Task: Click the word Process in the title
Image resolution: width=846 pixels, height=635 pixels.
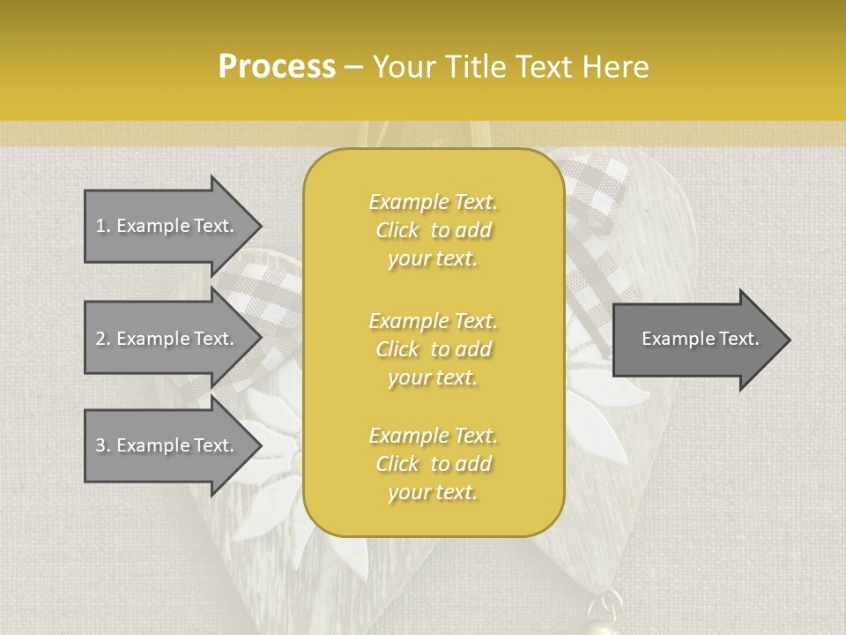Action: point(277,67)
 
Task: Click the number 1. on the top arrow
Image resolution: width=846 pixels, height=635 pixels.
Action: point(103,226)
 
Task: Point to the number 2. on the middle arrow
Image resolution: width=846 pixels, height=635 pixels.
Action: point(103,339)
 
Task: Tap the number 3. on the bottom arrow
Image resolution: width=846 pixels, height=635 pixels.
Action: point(103,445)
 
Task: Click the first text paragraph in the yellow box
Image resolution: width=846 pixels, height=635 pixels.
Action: point(434,230)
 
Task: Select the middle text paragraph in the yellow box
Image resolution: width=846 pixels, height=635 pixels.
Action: point(434,349)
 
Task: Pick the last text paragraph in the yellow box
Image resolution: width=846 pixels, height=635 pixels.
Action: point(434,464)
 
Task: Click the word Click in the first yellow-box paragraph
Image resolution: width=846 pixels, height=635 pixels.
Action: point(397,230)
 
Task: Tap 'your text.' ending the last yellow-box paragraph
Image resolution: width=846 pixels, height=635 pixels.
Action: point(433,493)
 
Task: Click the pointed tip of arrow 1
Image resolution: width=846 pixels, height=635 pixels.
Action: point(259,226)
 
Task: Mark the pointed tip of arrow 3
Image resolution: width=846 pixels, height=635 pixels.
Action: point(259,445)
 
